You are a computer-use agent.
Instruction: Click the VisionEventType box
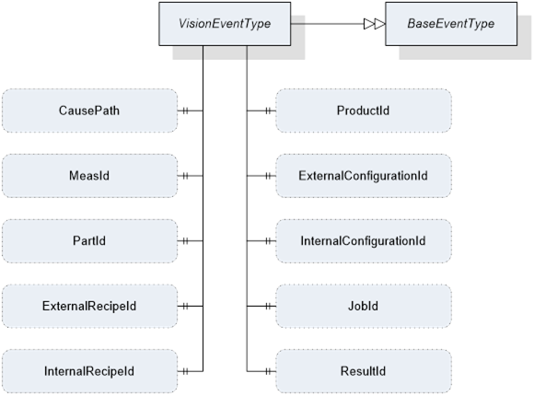tap(225, 24)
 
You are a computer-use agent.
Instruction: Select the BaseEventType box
tap(451, 24)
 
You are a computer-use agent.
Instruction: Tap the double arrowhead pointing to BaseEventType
tap(375, 24)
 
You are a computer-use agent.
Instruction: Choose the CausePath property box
tap(89, 111)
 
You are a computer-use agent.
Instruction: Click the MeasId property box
tap(89, 176)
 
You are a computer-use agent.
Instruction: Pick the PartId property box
tap(89, 241)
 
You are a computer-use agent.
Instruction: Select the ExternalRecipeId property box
tap(89, 306)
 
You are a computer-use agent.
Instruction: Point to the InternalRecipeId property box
tap(89, 371)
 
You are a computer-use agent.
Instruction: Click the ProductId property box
tap(364, 111)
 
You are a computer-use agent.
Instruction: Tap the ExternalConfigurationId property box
tap(364, 176)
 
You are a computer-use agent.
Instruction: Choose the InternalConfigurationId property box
tap(364, 241)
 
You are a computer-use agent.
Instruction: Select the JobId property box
tap(364, 306)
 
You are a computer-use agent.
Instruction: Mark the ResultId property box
tap(364, 371)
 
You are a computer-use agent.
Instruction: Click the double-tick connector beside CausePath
tap(185, 111)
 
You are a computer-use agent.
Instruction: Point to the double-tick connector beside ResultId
tap(268, 371)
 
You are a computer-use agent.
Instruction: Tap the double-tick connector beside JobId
tap(268, 306)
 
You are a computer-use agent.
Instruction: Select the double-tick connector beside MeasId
tap(185, 176)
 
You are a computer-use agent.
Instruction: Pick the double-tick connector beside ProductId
tap(268, 111)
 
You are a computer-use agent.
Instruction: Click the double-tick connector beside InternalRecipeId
tap(185, 371)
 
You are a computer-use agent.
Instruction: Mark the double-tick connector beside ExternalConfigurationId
tap(268, 176)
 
